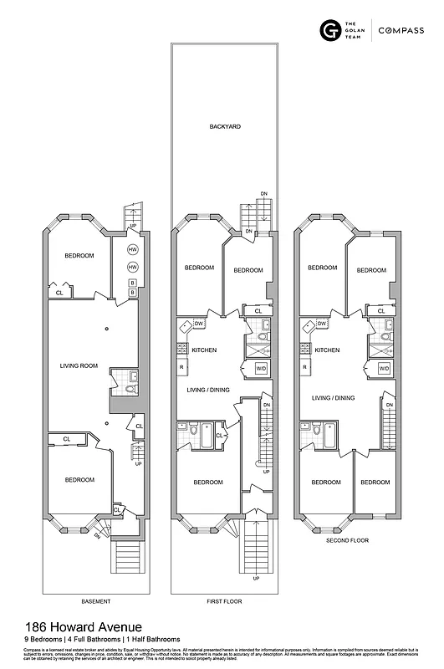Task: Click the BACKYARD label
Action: point(224,126)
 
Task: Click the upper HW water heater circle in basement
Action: point(132,250)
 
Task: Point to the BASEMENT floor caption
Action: point(95,601)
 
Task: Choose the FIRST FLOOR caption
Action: point(223,601)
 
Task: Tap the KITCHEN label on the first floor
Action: point(205,350)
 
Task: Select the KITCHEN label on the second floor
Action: point(327,350)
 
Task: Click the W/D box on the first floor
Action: point(261,368)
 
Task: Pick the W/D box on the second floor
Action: point(384,368)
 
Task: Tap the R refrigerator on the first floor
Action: point(181,368)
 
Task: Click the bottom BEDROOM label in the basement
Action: point(80,479)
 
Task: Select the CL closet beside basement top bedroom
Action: point(59,293)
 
